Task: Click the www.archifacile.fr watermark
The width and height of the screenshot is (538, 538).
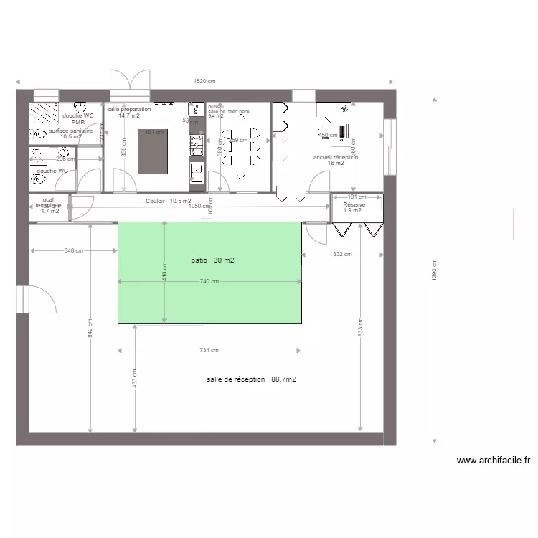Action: click(x=493, y=461)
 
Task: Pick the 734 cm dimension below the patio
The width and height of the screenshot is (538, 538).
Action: click(x=209, y=351)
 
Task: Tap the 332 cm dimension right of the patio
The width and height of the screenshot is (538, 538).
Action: click(x=342, y=254)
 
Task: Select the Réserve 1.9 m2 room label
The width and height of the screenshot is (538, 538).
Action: click(x=354, y=207)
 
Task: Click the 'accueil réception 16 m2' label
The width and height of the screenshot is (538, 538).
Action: click(x=336, y=160)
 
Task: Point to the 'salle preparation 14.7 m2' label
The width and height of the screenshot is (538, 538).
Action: click(x=129, y=113)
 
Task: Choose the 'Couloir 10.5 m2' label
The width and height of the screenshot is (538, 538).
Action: click(x=169, y=202)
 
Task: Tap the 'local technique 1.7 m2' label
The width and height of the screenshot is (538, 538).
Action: click(x=49, y=206)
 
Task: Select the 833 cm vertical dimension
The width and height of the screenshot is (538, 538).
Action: click(x=361, y=327)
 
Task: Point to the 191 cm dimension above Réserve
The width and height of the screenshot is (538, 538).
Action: click(x=357, y=197)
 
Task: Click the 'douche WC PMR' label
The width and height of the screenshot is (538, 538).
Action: click(x=78, y=119)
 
